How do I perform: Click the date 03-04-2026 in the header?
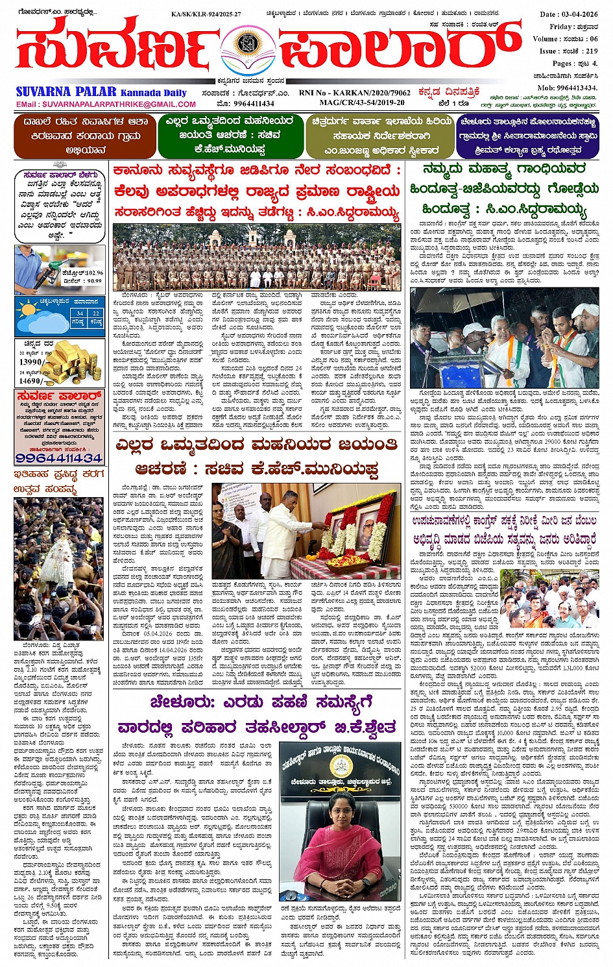tap(579, 14)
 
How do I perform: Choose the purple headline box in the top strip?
tap(527, 136)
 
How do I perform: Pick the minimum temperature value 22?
tap(96, 313)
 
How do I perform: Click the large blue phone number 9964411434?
tap(58, 458)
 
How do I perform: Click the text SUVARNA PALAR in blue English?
tap(66, 92)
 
